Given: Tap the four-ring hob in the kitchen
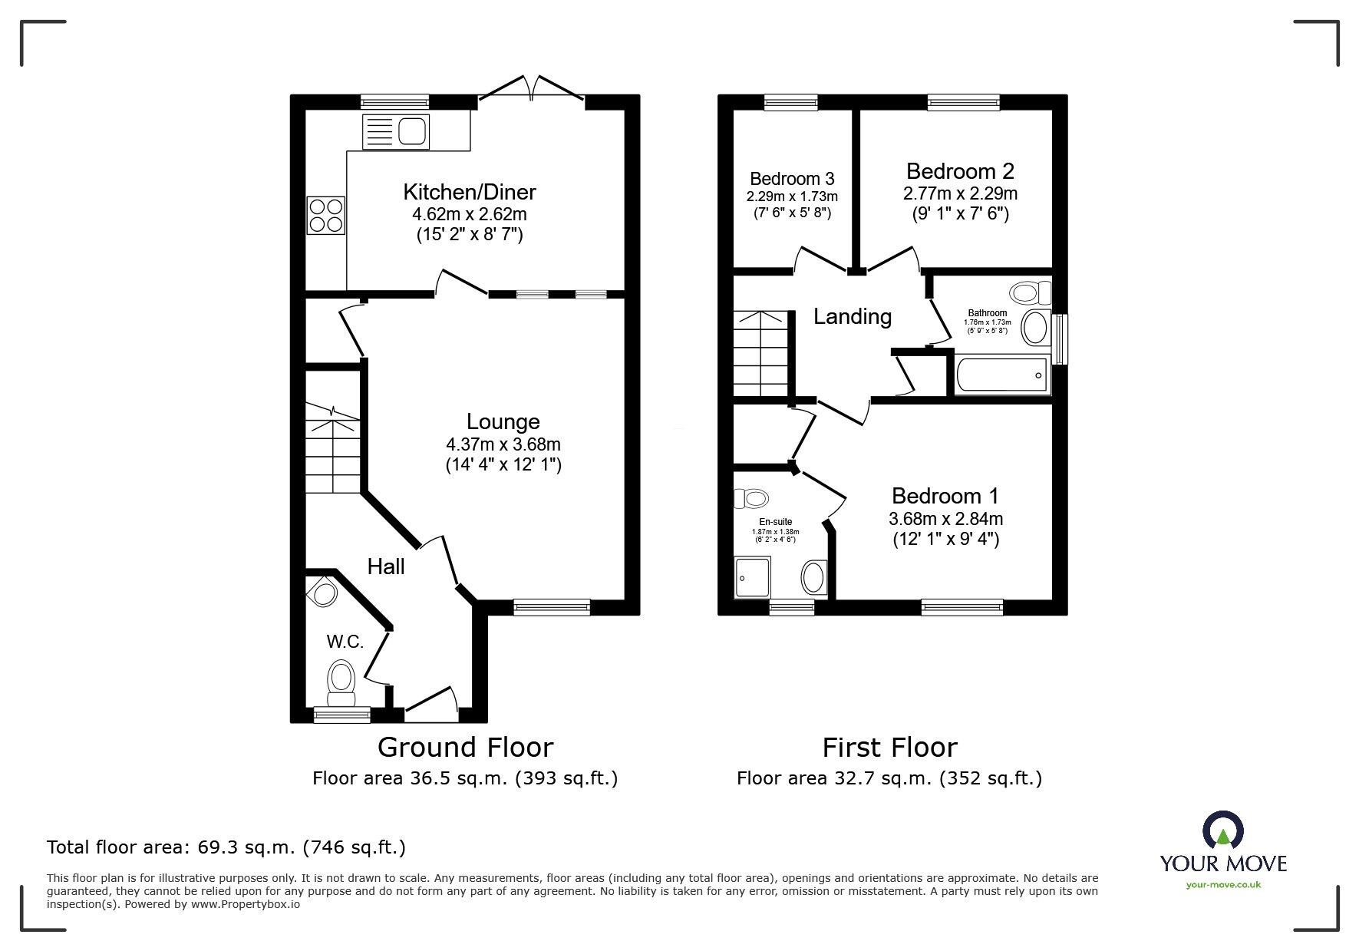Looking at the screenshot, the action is coord(326,215).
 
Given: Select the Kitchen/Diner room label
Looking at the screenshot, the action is coord(470,191).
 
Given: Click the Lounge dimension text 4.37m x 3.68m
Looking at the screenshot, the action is coord(503,444).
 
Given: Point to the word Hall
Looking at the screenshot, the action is coord(386,566).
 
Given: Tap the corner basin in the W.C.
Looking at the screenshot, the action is coord(322,592).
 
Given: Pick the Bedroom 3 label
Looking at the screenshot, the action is coord(792,179).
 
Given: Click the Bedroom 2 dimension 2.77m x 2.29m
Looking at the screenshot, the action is coord(960,193).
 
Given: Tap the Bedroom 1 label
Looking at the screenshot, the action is coord(945,496).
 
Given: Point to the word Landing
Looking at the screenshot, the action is coord(853,316).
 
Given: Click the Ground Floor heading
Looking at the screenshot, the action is coord(465,747).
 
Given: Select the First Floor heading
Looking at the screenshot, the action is coord(889,747).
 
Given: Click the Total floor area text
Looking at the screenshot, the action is coord(226,847).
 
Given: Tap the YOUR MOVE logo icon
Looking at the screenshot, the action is coord(1223,830).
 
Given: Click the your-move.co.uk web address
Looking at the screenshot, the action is coord(1223,885).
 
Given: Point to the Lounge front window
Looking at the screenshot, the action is coord(552,607).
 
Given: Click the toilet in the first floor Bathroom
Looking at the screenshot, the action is coord(1031,292).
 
